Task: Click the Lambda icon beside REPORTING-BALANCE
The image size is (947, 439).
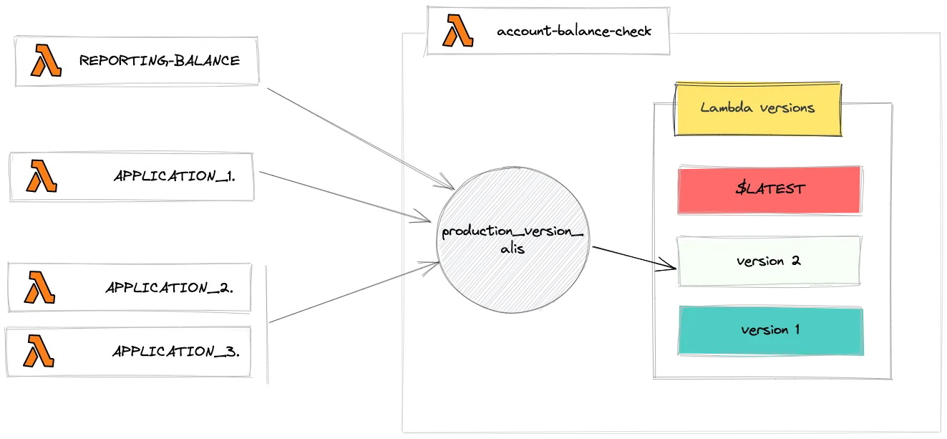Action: (x=47, y=62)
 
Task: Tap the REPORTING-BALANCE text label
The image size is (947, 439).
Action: (x=159, y=61)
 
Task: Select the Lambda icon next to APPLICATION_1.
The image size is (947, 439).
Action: (x=42, y=176)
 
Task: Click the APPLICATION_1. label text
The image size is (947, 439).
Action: (x=175, y=176)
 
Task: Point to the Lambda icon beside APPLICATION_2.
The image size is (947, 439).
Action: (x=41, y=287)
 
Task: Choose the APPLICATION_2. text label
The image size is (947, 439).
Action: (x=170, y=288)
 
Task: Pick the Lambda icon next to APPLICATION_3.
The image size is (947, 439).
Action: (x=40, y=351)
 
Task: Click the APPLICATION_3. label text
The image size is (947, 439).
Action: (x=175, y=352)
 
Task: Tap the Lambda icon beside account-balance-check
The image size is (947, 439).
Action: (x=457, y=32)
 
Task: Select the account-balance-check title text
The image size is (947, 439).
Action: (x=574, y=32)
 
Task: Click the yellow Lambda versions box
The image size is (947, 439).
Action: (x=758, y=108)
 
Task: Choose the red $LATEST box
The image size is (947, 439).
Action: (x=769, y=190)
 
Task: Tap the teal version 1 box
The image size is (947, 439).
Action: (x=770, y=330)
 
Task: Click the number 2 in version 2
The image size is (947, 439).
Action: (x=795, y=261)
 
